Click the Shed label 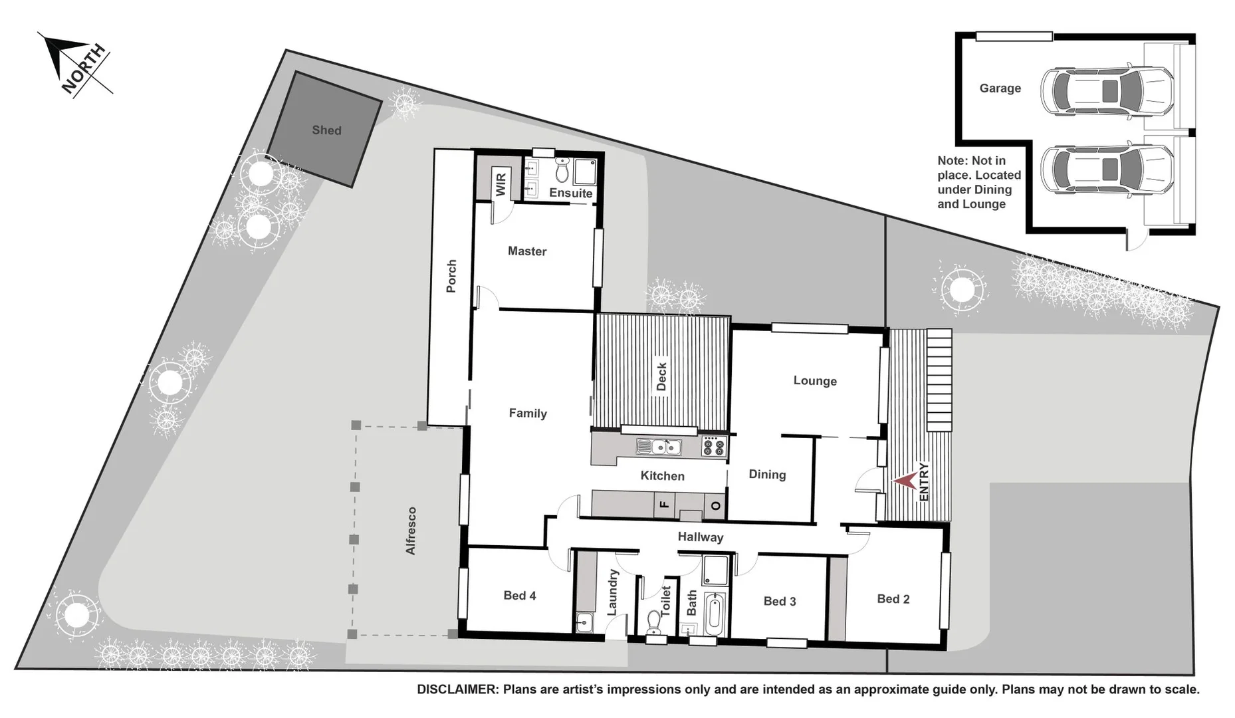point(326,130)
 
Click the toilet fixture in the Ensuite point(562,171)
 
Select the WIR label point(501,183)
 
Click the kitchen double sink point(658,447)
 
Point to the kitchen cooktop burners point(714,446)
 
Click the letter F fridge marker point(663,505)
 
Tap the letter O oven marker point(715,505)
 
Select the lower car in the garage point(1106,170)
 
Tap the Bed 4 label point(519,596)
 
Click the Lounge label point(814,381)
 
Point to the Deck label point(661,377)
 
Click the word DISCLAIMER point(457,690)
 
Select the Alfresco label point(411,531)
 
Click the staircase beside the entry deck point(939,380)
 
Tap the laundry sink point(584,623)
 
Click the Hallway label point(700,537)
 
